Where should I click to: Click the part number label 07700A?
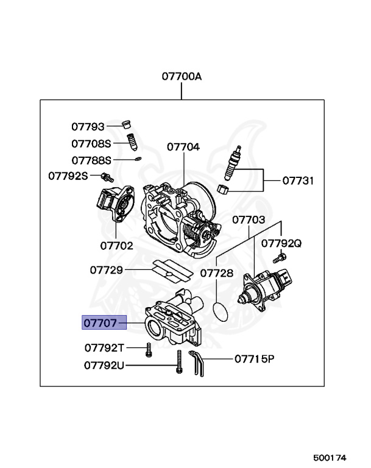[181, 77]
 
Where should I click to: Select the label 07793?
[88, 127]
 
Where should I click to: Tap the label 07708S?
[91, 144]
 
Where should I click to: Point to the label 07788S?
[91, 160]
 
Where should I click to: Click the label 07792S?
[68, 176]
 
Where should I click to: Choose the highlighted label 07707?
[104, 323]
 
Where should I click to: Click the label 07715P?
[254, 359]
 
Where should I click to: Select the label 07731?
[298, 181]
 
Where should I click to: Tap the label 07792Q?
[281, 243]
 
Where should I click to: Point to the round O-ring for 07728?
[224, 310]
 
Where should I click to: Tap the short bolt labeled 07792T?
[148, 350]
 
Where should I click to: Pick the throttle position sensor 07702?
[115, 203]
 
